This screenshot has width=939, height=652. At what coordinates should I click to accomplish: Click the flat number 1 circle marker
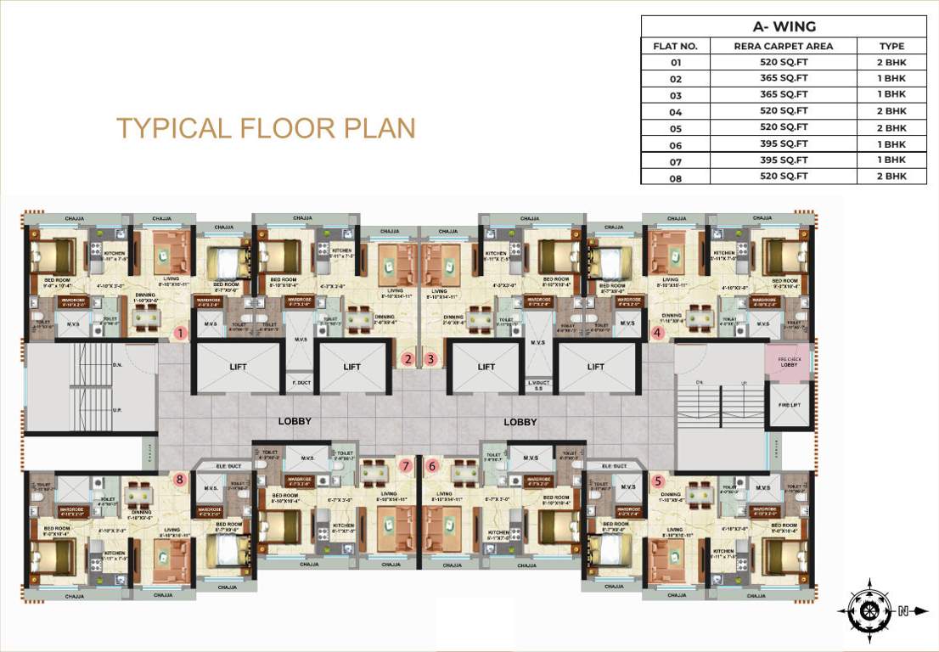pyautogui.click(x=180, y=334)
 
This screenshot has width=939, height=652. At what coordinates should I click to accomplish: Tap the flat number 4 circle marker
pyautogui.click(x=658, y=334)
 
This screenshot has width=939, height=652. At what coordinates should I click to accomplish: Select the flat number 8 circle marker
pyautogui.click(x=180, y=479)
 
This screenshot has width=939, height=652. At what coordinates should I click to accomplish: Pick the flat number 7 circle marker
pyautogui.click(x=407, y=465)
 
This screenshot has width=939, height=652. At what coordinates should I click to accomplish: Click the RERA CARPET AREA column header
pyautogui.click(x=784, y=46)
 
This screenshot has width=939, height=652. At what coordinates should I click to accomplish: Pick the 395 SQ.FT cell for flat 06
pyautogui.click(x=784, y=143)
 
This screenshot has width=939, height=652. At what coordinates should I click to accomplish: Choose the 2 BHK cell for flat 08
pyautogui.click(x=891, y=176)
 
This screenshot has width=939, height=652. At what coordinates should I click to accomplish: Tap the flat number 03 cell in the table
pyautogui.click(x=676, y=94)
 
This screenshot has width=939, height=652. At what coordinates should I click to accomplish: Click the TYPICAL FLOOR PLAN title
pyautogui.click(x=266, y=128)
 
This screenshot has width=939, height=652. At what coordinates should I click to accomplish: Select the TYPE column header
pyautogui.click(x=891, y=46)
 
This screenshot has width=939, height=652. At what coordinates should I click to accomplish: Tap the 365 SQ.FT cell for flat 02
pyautogui.click(x=784, y=78)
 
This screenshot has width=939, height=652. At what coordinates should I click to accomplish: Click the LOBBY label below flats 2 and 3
pyautogui.click(x=295, y=421)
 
